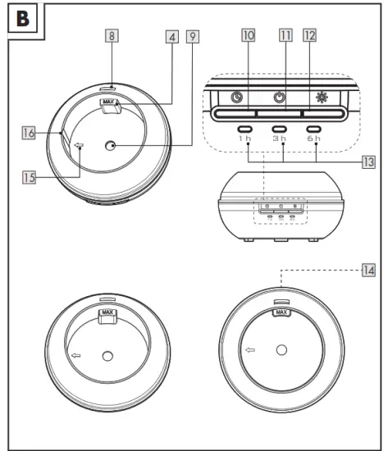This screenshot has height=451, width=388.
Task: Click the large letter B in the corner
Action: click(23, 19)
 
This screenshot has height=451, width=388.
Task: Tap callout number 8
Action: click(112, 35)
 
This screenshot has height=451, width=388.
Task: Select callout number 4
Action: click(172, 37)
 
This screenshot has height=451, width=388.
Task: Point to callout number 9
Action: click(193, 37)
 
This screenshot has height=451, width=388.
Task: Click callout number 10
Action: click(248, 35)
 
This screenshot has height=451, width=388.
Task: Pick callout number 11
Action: click(285, 35)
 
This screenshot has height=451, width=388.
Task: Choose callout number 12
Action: click(310, 35)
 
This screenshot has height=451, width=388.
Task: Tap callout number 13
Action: click(368, 162)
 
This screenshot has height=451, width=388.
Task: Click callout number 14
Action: click(368, 271)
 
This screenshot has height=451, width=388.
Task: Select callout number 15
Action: click(29, 177)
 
